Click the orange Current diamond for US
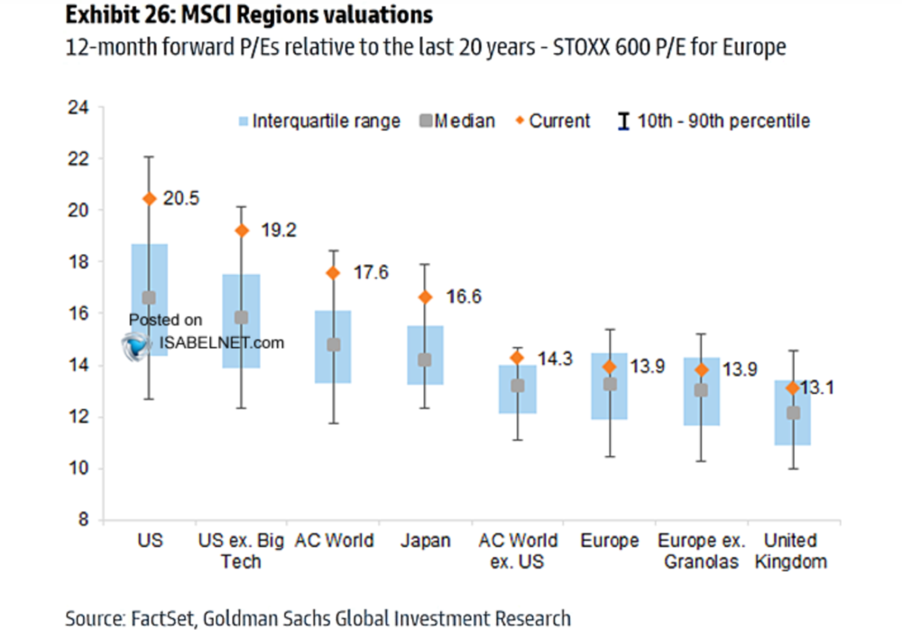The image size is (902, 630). pyautogui.click(x=150, y=199)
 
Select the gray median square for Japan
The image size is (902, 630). pyautogui.click(x=425, y=360)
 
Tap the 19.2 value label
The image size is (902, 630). pyautogui.click(x=279, y=231)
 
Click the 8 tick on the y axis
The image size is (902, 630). pyautogui.click(x=83, y=520)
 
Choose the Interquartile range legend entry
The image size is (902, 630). pyautogui.click(x=317, y=121)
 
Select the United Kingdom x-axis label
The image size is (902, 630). pyautogui.click(x=790, y=551)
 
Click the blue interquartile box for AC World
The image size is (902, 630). pyautogui.click(x=333, y=347)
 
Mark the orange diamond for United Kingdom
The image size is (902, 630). pyautogui.click(x=792, y=388)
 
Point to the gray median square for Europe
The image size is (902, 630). pyautogui.click(x=609, y=384)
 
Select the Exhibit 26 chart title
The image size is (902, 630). pyautogui.click(x=247, y=15)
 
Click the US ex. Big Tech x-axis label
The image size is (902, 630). pyautogui.click(x=241, y=551)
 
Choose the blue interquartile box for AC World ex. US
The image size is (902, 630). pyautogui.click(x=517, y=389)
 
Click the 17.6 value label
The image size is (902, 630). pyautogui.click(x=370, y=272)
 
